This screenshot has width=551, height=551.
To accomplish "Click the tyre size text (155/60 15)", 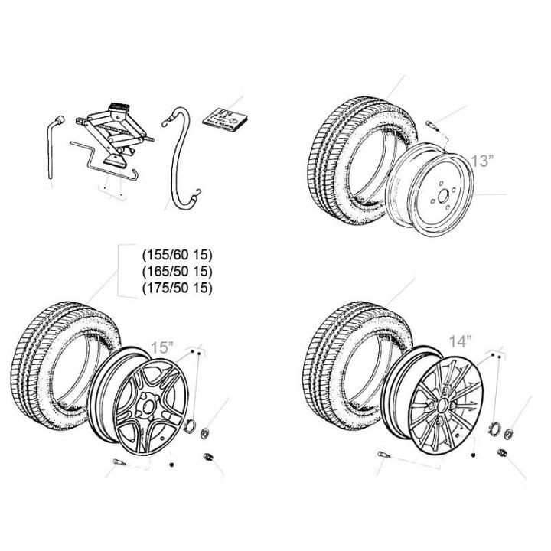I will tap(177, 256).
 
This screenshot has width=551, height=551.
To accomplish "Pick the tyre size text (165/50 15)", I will tap(177, 272).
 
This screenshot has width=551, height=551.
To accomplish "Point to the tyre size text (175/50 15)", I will tap(177, 288).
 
